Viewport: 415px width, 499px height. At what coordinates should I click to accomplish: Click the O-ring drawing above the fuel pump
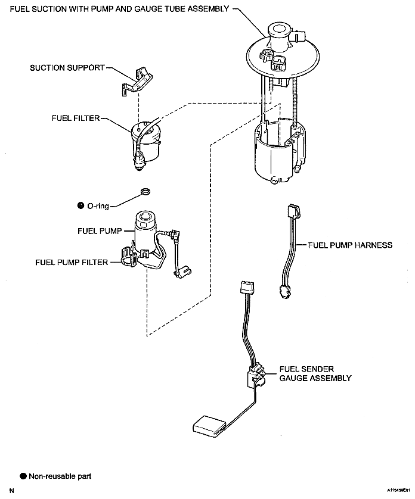(x=145, y=192)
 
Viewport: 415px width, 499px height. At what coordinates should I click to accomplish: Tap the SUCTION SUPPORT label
(x=67, y=68)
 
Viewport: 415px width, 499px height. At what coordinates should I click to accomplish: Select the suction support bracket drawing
(x=137, y=81)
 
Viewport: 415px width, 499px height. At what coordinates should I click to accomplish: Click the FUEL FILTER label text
(x=76, y=118)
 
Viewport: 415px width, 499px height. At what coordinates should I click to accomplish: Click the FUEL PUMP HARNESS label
(x=350, y=245)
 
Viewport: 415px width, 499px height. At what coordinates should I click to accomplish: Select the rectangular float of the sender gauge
(x=209, y=426)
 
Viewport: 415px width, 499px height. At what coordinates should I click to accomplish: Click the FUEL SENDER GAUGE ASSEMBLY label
(x=315, y=373)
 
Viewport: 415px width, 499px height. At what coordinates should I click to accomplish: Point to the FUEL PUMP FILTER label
(x=72, y=262)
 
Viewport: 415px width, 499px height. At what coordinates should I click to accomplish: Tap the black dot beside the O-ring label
(x=80, y=205)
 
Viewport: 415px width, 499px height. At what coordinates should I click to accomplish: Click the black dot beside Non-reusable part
(x=23, y=476)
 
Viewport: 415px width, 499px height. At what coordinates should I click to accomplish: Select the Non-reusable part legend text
(x=60, y=476)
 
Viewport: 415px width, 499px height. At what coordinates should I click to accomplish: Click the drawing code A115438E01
(x=398, y=490)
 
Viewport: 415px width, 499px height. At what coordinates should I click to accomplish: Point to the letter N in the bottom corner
(x=12, y=491)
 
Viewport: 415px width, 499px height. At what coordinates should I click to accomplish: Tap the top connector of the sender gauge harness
(x=247, y=287)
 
